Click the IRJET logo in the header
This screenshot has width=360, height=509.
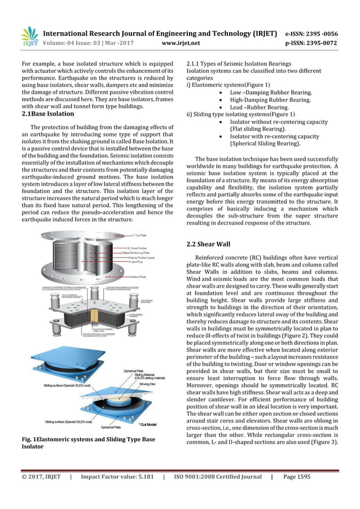coord(29,36)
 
